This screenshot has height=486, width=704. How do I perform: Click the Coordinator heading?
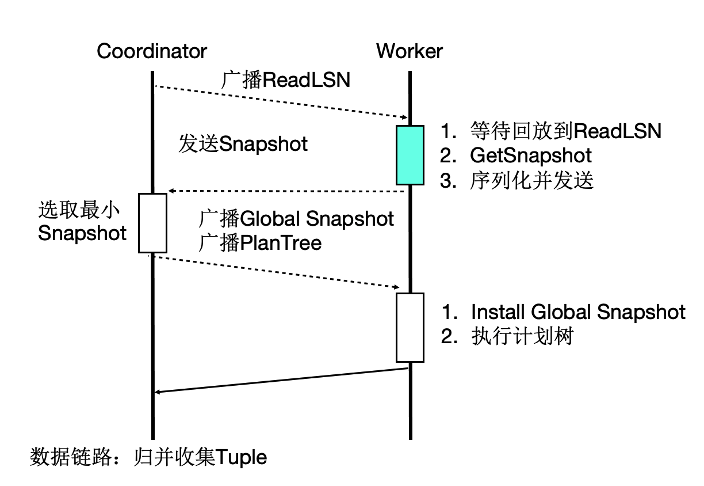click(152, 51)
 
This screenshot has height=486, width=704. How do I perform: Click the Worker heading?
click(410, 51)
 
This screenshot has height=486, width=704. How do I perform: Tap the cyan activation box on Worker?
click(410, 155)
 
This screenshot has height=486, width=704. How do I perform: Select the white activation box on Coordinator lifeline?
click(152, 223)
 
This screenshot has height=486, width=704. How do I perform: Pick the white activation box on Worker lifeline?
click(410, 328)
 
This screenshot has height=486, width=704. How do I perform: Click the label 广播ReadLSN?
click(285, 79)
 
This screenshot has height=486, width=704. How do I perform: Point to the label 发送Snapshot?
click(243, 143)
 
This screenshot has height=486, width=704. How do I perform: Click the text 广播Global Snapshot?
click(296, 219)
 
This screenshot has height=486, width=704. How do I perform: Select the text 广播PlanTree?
click(260, 243)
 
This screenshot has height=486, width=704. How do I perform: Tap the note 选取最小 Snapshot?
click(82, 221)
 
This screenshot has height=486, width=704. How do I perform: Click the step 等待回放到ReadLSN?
click(566, 131)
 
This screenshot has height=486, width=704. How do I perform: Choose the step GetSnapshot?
click(531, 155)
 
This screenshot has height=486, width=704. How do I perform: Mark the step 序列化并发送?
click(532, 180)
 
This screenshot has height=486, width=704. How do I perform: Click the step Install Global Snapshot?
click(578, 312)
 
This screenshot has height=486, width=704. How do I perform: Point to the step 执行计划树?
click(522, 336)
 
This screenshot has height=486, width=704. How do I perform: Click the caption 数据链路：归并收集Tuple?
click(148, 458)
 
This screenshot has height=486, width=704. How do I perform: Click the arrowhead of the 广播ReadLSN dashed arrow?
click(405, 117)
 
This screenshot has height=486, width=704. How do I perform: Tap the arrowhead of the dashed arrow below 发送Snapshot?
click(171, 191)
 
